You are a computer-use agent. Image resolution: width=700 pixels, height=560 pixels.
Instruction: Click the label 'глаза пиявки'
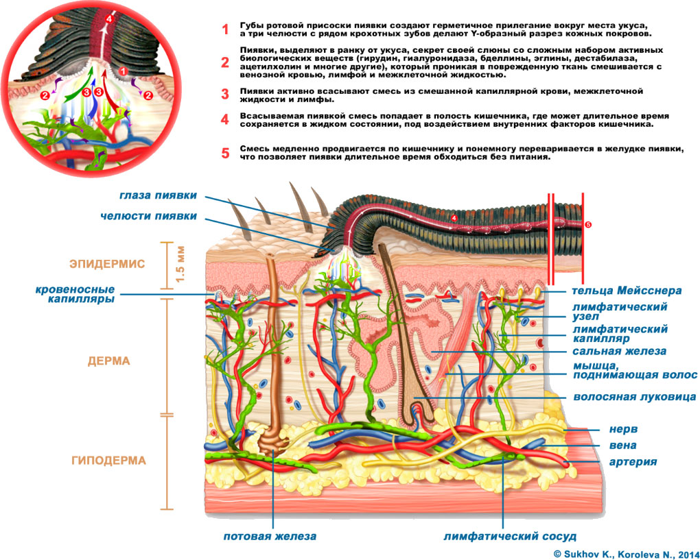tap(158, 195)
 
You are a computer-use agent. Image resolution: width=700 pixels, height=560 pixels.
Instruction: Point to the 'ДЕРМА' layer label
tap(108, 361)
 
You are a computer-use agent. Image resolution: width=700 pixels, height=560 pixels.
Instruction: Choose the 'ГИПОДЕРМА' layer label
tap(108, 461)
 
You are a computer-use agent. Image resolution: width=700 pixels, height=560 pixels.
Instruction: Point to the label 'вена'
tap(623, 446)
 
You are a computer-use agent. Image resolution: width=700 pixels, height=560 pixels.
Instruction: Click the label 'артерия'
tap(633, 462)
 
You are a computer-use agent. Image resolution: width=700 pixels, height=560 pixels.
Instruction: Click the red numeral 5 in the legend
tap(224, 152)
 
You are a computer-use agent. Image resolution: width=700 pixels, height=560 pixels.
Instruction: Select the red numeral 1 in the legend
tap(224, 29)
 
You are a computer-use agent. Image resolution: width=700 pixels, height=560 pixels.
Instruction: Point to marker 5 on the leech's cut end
tap(587, 224)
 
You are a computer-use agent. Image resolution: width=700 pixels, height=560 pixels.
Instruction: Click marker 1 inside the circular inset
tap(123, 71)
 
